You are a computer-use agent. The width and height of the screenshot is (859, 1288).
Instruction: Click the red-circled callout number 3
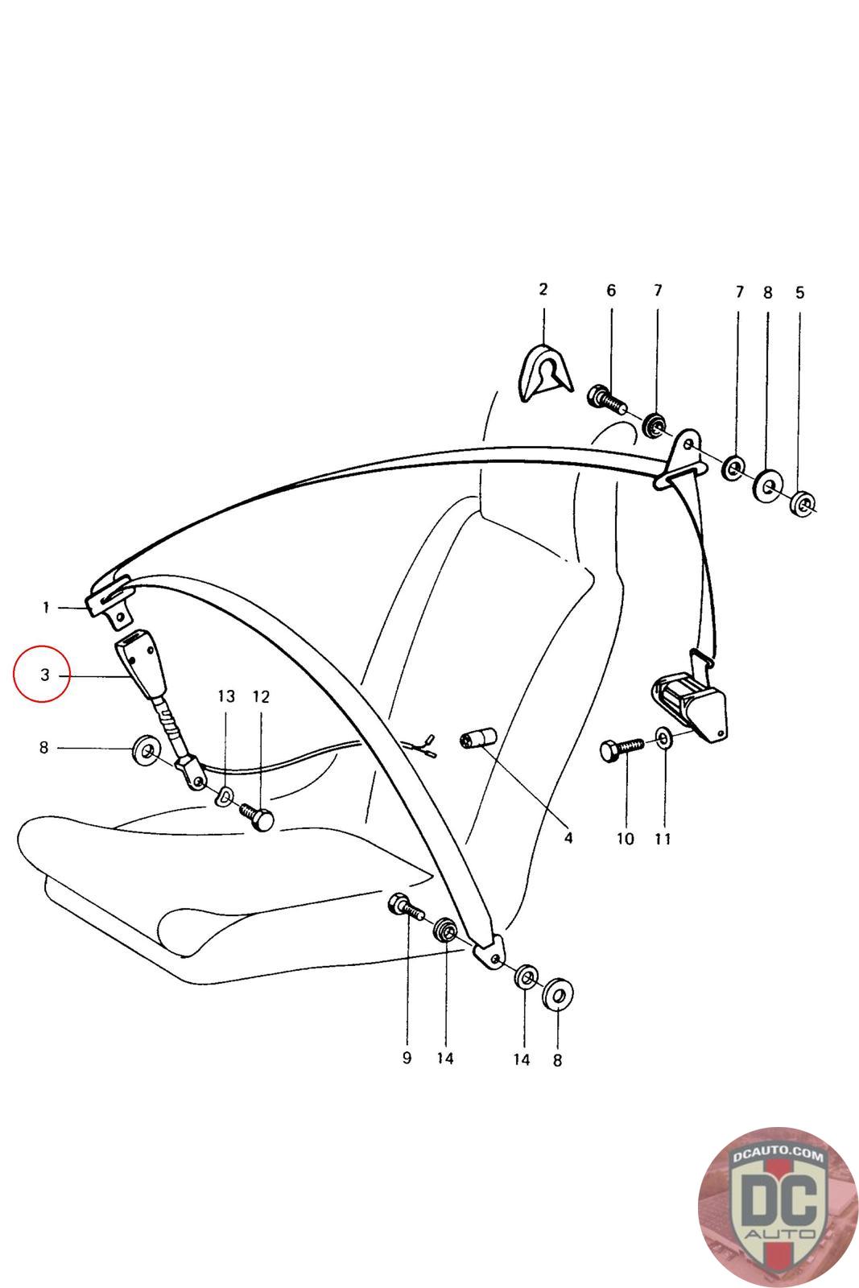click(45, 675)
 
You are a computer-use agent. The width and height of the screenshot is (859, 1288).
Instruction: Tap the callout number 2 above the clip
click(543, 289)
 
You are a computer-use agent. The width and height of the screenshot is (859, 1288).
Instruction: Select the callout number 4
click(568, 838)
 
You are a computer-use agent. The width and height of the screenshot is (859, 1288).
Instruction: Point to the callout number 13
click(226, 696)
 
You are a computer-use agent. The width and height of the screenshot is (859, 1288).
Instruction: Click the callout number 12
click(261, 696)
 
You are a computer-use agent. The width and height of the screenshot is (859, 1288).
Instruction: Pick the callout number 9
click(407, 1058)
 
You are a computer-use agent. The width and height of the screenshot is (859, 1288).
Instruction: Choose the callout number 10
click(626, 839)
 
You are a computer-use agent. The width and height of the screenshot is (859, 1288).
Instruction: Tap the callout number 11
click(663, 839)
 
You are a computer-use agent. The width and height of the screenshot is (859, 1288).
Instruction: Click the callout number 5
click(799, 292)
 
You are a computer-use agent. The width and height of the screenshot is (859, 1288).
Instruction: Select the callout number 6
click(611, 291)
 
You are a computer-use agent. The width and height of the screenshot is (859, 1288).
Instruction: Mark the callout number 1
click(47, 607)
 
